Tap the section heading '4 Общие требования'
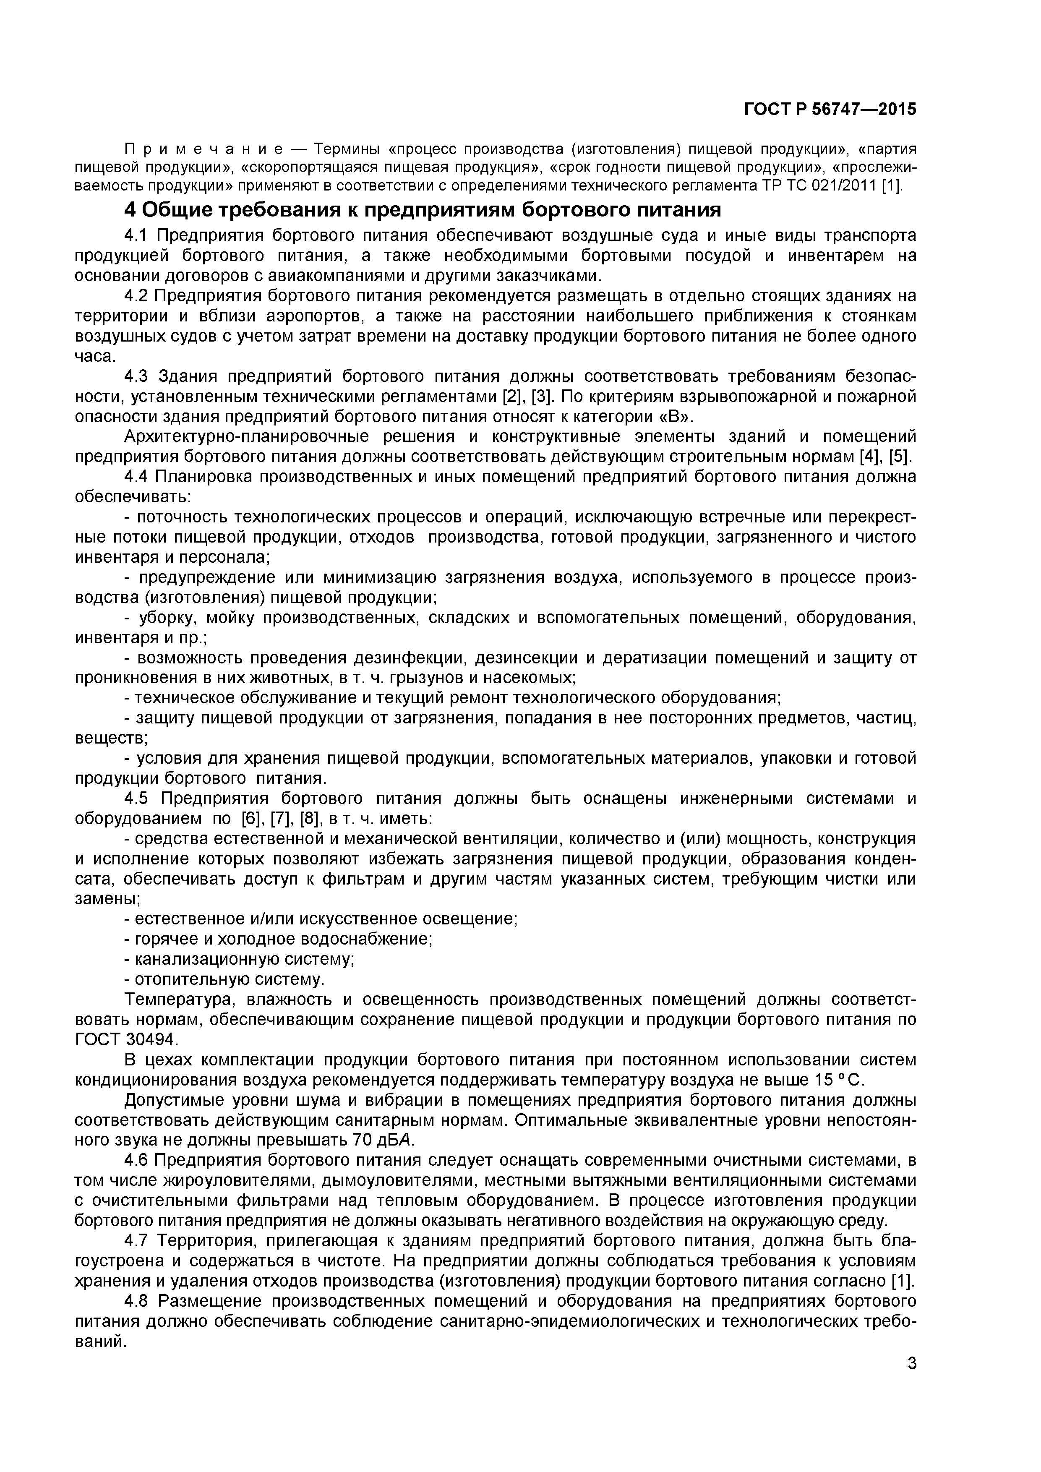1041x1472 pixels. [423, 210]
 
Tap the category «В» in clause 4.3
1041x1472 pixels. [676, 416]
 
